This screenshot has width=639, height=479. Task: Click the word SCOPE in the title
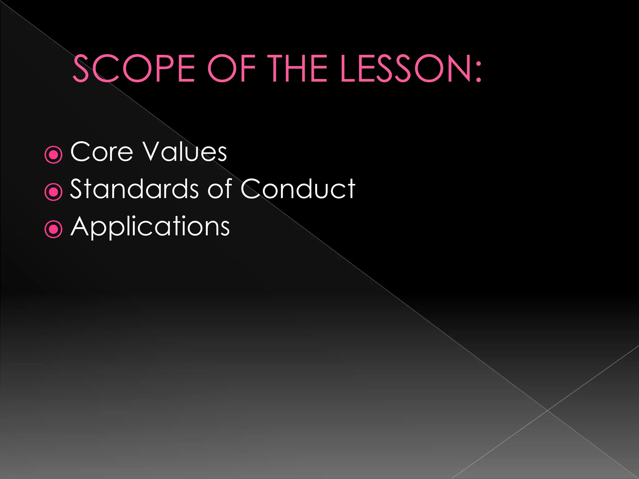coord(134,69)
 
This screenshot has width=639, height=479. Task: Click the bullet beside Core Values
coord(54,154)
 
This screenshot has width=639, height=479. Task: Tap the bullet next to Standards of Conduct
coord(54,192)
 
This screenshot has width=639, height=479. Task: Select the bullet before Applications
coord(54,229)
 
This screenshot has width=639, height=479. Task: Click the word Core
coord(102,152)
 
